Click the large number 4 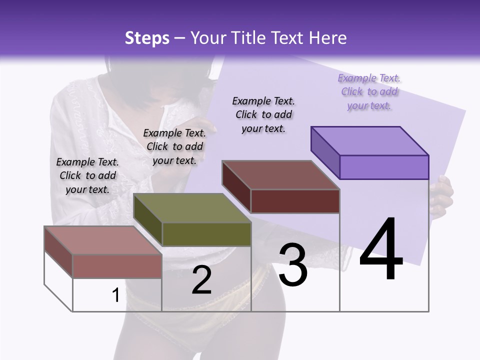381,249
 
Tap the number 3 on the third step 293,264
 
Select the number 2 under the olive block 202,280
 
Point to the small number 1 115,295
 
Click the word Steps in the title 147,38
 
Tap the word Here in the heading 328,38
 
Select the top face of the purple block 369,140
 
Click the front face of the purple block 384,167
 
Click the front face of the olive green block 206,234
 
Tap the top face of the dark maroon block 280,175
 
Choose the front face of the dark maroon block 295,201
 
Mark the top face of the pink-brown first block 102,240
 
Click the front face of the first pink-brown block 117,266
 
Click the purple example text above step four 369,91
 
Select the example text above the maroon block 263,114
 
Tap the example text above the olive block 174,146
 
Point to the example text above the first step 87,175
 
